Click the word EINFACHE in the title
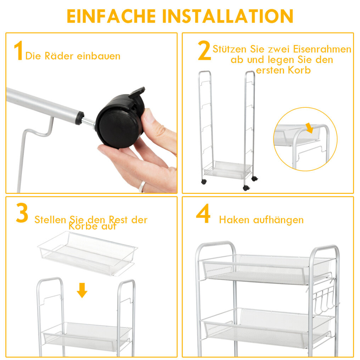point(111,16)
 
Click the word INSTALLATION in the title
point(228,16)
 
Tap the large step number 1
point(18,51)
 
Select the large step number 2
point(204,50)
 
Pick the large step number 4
point(203,213)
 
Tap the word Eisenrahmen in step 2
point(322,49)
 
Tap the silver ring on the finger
point(142,186)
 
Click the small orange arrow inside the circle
point(309,128)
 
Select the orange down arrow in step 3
point(82,290)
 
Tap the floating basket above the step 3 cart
point(88,253)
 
